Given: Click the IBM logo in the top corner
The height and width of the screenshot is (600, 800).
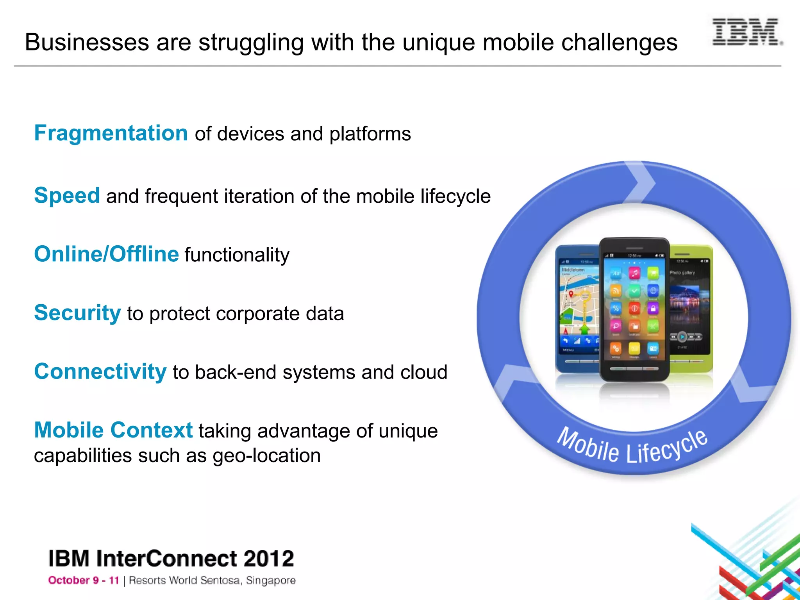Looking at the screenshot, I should point(746,32).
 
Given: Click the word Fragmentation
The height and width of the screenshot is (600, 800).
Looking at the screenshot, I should point(111,133).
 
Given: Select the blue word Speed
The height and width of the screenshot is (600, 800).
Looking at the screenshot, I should point(67,195).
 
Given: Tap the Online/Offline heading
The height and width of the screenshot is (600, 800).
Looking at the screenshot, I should point(106,254).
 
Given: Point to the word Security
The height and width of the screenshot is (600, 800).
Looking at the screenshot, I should point(77,313).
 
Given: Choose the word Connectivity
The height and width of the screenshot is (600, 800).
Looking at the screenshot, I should point(100,371).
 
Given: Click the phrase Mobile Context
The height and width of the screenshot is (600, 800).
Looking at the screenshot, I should point(113,430).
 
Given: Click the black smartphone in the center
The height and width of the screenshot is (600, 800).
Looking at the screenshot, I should point(634,309).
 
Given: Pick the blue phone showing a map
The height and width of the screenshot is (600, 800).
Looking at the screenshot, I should point(576,309).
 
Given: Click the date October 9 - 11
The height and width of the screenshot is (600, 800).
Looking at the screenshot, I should point(83,580).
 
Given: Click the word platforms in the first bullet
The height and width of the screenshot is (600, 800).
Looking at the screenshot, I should point(370,134).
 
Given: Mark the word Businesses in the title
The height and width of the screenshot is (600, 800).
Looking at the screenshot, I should point(87,42).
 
